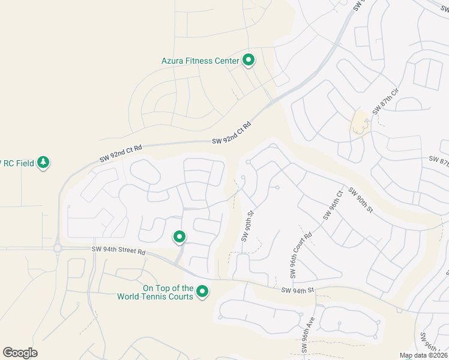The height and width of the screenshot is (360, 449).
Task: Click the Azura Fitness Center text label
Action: [x=200, y=61]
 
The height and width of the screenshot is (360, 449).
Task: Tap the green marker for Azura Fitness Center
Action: [x=249, y=60]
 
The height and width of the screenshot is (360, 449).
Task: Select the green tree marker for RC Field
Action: [x=43, y=162]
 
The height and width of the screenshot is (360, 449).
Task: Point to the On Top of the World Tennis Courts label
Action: [x=167, y=292]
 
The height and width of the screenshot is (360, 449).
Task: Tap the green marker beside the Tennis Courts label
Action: [x=203, y=292]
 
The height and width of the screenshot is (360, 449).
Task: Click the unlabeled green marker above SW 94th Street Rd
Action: [x=179, y=238]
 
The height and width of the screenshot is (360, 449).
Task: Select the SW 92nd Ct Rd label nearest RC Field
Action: [x=121, y=154]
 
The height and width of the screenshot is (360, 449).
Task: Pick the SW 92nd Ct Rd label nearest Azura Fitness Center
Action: [x=231, y=133]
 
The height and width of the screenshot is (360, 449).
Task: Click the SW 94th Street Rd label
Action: [x=119, y=250]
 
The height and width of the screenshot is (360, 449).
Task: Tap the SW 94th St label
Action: [x=298, y=290]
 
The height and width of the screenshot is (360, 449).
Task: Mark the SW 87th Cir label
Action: [x=385, y=101]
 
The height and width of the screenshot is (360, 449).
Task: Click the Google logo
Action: [x=20, y=353]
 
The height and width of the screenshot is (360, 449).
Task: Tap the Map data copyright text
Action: [x=423, y=356]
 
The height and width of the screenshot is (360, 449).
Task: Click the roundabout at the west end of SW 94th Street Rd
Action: [x=58, y=248]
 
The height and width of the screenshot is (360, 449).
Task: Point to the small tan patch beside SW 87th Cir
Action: [x=360, y=123]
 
